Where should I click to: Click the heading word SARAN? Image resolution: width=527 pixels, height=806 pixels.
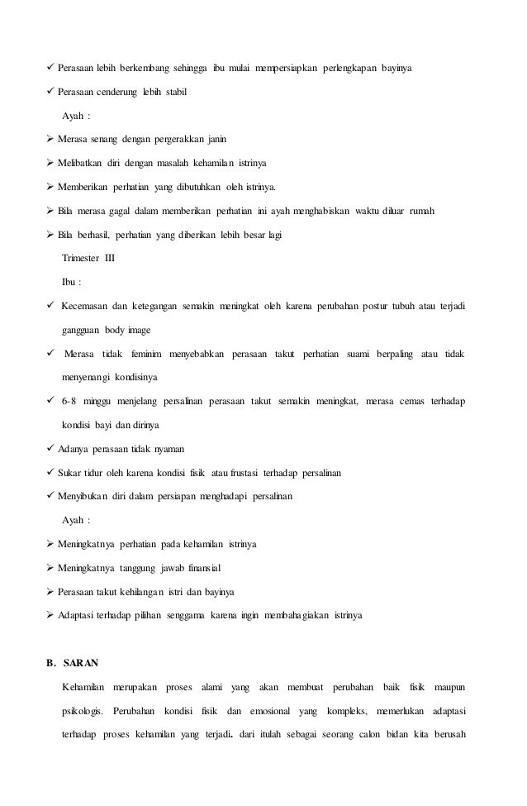point(80,662)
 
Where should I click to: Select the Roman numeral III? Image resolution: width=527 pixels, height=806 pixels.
point(109,259)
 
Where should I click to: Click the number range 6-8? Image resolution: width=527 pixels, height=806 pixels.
point(70,402)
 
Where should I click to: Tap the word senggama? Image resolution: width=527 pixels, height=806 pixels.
point(189,616)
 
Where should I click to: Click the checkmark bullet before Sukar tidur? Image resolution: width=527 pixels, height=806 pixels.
point(51,473)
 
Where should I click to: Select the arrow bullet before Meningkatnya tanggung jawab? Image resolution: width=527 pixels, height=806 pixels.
point(51,568)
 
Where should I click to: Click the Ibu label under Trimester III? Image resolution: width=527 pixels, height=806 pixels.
point(72,282)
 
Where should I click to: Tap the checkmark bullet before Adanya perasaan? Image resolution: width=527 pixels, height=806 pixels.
point(51,449)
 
